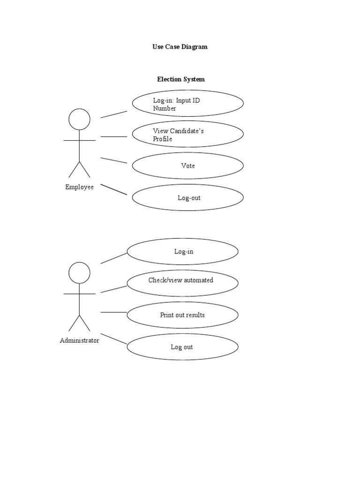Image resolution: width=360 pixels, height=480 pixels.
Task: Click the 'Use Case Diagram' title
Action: (180, 47)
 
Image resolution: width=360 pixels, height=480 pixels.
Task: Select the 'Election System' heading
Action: (180, 79)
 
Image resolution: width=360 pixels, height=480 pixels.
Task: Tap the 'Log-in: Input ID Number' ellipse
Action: (187, 104)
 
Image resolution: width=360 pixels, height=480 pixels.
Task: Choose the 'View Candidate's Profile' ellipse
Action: (187, 135)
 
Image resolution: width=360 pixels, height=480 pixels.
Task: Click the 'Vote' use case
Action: (187, 166)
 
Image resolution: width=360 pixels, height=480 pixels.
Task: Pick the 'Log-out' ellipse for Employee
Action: (187, 198)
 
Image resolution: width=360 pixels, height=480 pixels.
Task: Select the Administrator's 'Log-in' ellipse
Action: (183, 252)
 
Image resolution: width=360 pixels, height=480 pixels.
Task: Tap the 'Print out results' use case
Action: (183, 315)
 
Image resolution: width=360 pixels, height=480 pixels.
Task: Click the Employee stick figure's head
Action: (79, 119)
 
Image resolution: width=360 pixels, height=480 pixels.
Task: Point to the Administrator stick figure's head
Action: (79, 272)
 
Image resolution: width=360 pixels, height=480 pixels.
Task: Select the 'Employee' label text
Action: (79, 187)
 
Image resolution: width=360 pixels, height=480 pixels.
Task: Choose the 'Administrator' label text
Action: (79, 341)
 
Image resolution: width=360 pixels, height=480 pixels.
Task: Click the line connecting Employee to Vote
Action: (114, 160)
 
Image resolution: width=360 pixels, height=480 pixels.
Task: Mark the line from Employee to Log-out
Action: (114, 189)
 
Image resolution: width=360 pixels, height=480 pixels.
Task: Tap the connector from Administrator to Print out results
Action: (114, 312)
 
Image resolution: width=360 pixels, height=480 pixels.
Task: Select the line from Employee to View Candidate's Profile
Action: (114, 137)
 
